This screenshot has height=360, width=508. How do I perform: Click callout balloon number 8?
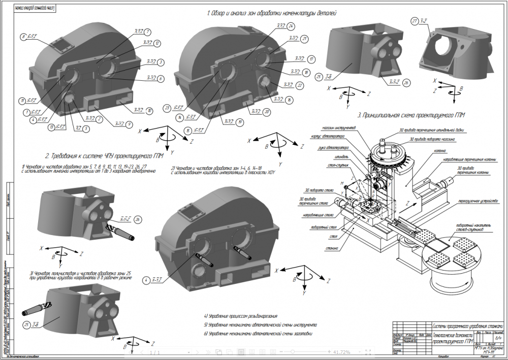coord(23,37)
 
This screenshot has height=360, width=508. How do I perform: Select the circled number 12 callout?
coord(158,43)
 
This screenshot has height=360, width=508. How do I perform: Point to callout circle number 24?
coord(290,26)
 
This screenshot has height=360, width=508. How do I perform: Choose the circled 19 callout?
coord(239,122)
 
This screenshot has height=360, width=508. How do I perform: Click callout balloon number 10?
coord(149,110)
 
